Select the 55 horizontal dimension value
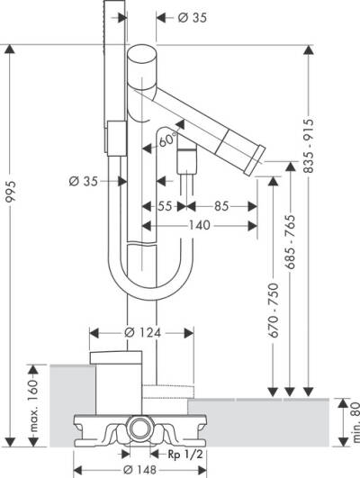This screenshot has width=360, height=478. tap(165, 205)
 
